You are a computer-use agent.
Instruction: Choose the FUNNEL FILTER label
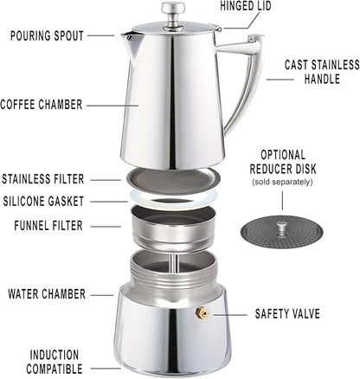[x=49, y=225]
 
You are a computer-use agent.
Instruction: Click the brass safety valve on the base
[x=202, y=312]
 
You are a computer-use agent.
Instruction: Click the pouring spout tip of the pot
[x=125, y=36]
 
